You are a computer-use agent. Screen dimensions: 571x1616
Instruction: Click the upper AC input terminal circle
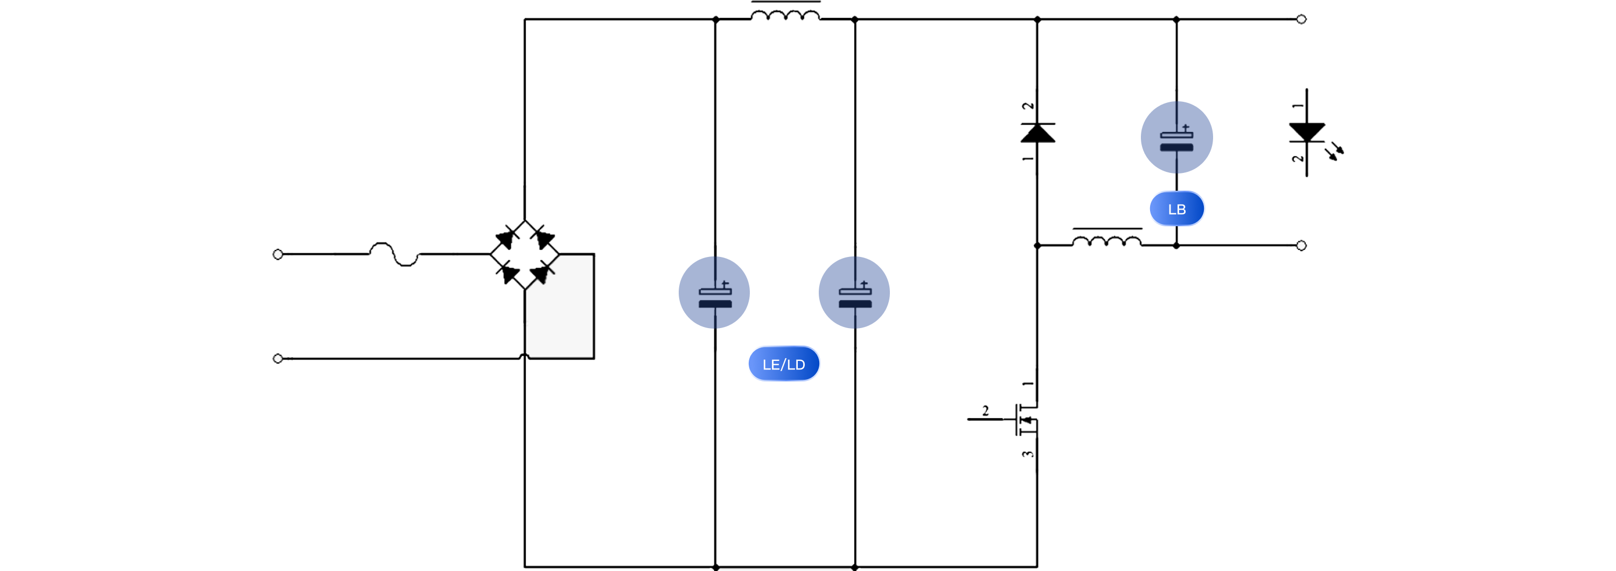(278, 254)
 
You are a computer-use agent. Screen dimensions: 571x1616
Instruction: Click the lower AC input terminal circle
(278, 358)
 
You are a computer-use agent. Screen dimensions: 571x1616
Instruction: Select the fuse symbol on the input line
(393, 254)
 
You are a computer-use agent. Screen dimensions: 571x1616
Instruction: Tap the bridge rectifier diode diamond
(525, 254)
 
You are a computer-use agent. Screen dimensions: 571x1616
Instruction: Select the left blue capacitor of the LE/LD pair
(714, 293)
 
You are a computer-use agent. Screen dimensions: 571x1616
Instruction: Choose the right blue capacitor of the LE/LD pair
(854, 293)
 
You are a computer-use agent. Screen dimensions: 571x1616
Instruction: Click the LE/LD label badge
(784, 364)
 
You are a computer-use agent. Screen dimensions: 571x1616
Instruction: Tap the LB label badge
(1176, 209)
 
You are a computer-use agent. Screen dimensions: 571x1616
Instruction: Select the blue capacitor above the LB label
(1176, 137)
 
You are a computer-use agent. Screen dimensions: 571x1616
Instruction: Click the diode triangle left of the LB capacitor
(1037, 133)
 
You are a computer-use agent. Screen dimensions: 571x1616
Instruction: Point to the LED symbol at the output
(1307, 133)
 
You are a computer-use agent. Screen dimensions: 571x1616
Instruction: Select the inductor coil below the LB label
(1106, 240)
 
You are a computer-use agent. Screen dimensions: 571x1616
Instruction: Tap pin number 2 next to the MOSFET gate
(986, 411)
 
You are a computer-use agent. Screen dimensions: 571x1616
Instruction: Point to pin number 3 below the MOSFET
(1027, 454)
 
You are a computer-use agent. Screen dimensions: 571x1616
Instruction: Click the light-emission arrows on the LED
(1336, 152)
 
